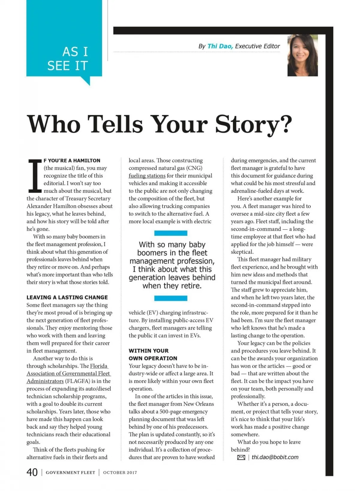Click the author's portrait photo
click(x=302, y=55)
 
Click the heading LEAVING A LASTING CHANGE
click(x=67, y=297)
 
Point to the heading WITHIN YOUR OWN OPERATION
click(x=153, y=354)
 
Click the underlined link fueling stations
click(x=147, y=176)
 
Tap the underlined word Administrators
click(x=45, y=381)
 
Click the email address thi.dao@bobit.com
click(x=275, y=457)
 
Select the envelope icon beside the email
click(x=241, y=457)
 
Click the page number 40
click(x=32, y=472)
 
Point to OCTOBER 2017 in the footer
click(x=120, y=473)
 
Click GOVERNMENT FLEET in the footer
click(x=70, y=473)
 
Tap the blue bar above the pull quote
click(x=171, y=233)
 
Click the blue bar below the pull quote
click(x=171, y=298)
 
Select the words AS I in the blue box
click(x=75, y=52)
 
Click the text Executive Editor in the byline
click(x=257, y=46)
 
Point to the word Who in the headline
click(x=54, y=124)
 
